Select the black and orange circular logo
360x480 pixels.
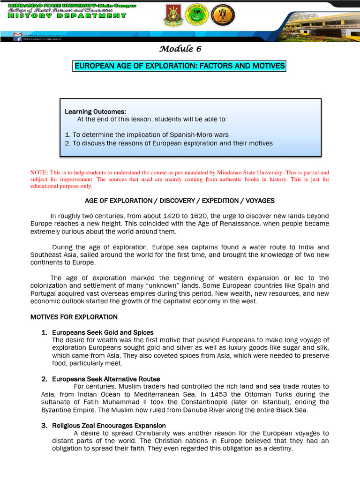(223, 15)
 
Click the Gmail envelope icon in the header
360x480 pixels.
(18, 35)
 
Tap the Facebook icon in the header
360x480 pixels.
(18, 39)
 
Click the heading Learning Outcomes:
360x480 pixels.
(96, 112)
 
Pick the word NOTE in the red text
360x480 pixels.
(38, 172)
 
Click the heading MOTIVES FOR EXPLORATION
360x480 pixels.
(74, 317)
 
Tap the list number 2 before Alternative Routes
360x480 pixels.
(44, 379)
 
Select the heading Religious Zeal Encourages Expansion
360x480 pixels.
(109, 426)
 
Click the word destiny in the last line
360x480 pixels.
(279, 448)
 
